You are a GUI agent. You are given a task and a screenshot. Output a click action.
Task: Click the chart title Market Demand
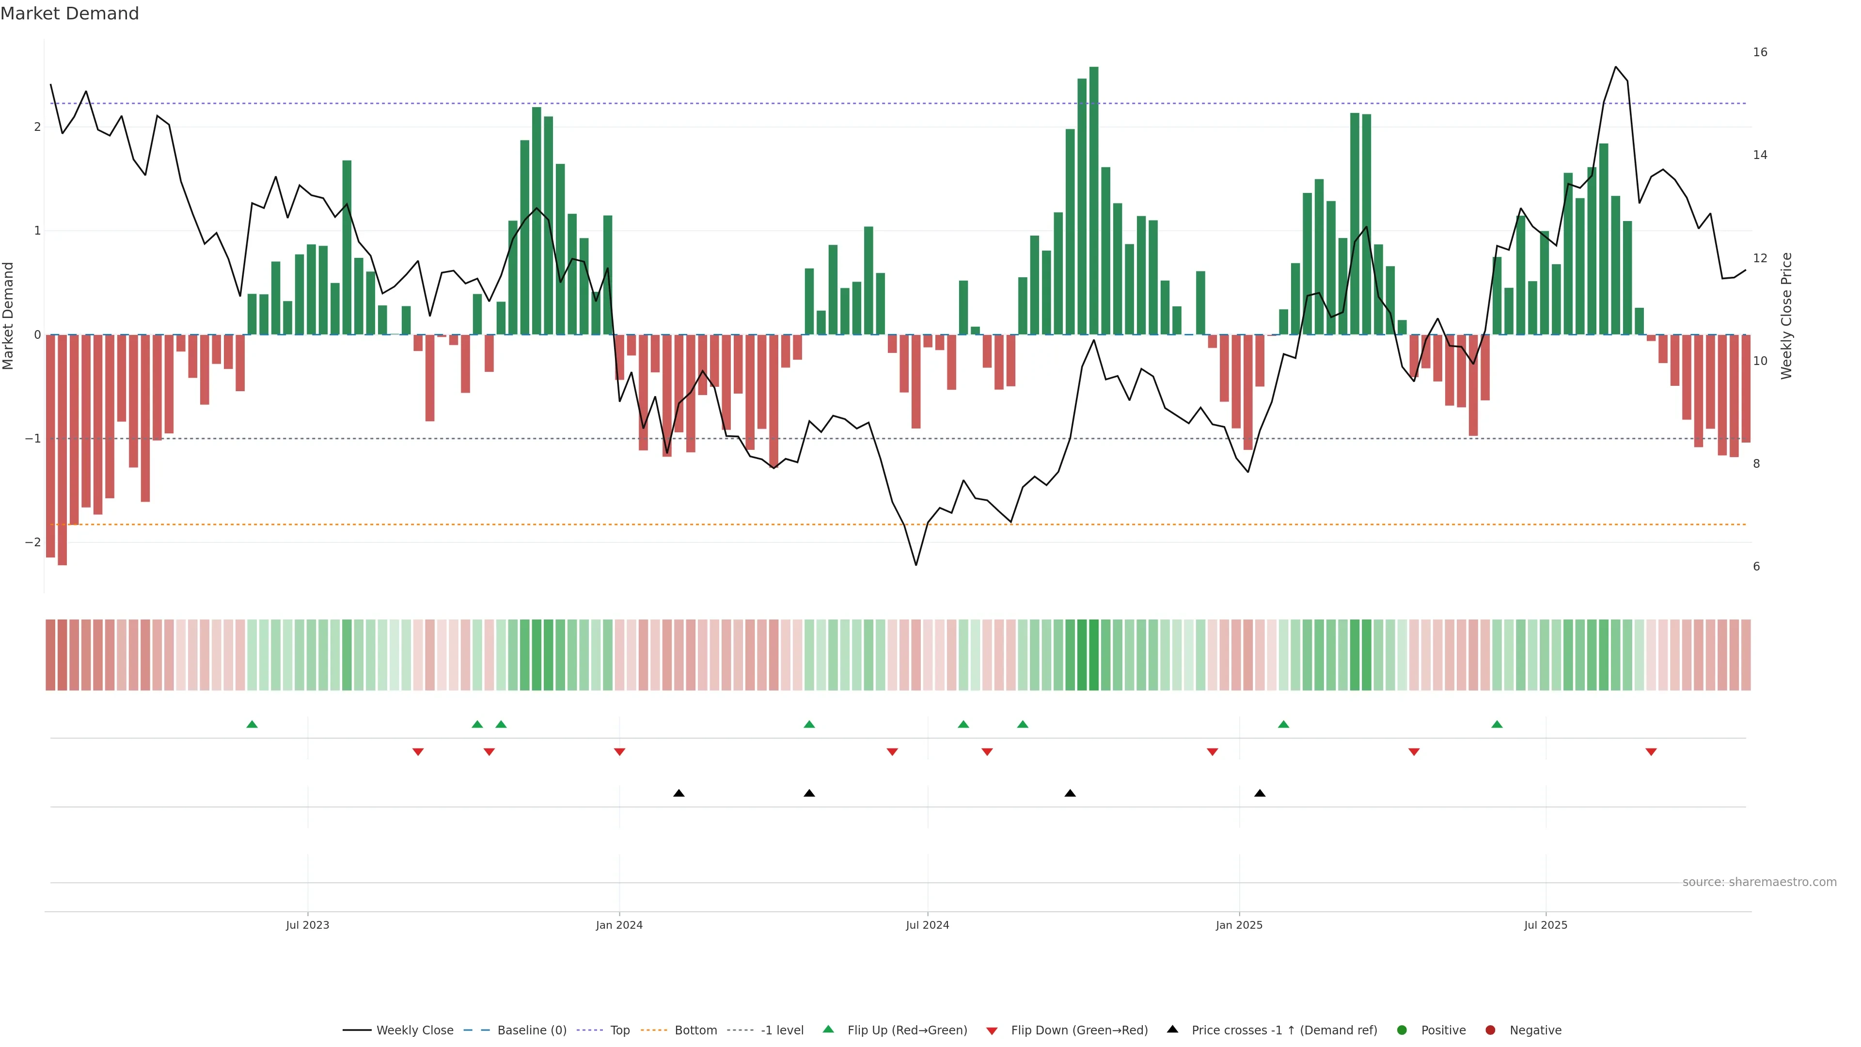69,14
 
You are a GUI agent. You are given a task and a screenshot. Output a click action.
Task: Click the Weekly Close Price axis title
1786,316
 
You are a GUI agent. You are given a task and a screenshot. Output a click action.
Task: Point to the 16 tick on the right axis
1760,52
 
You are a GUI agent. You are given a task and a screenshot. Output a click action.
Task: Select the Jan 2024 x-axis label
619,925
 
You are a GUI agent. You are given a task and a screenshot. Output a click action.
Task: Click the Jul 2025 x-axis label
1546,925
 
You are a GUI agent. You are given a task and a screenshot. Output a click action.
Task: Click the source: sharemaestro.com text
1759,882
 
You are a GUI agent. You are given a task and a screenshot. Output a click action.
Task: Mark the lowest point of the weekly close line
916,564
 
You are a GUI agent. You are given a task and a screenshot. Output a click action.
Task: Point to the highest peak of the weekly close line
1616,67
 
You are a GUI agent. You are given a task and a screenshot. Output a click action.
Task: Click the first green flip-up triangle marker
252,724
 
